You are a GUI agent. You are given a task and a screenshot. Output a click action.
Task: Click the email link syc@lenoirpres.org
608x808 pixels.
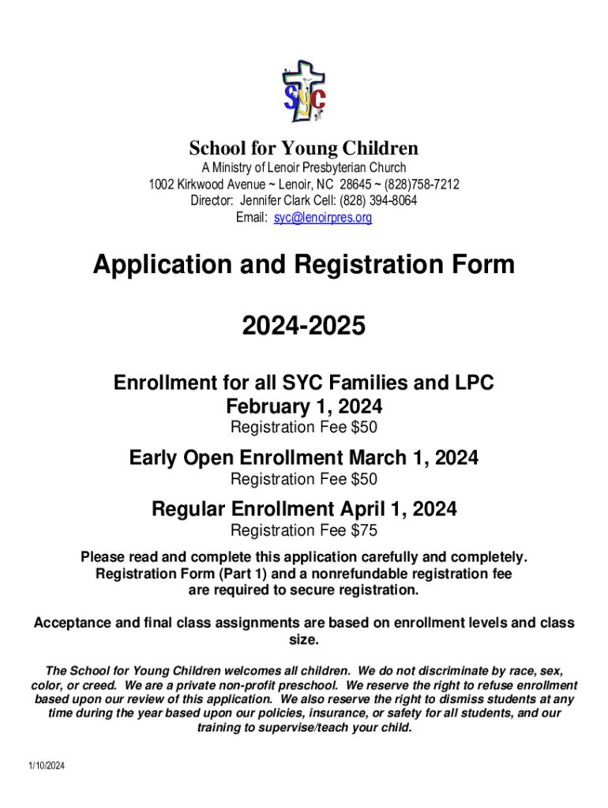point(322,217)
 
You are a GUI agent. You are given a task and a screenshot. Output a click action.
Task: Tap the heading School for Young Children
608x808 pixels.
point(303,148)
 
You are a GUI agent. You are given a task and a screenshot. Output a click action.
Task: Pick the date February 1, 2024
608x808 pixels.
point(304,407)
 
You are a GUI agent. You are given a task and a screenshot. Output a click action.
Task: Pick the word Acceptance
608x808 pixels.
point(73,623)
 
